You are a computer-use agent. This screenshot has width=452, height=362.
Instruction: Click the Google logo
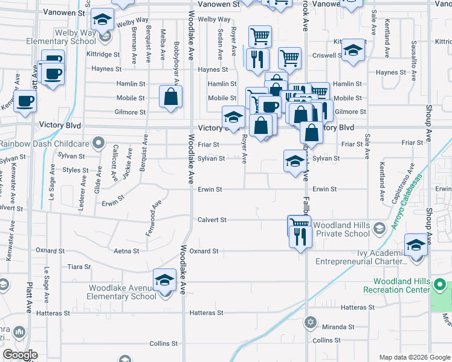point(20,355)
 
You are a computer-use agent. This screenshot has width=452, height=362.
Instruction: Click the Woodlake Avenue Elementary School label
point(122,292)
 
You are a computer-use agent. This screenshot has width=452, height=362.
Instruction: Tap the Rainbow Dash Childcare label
point(45,144)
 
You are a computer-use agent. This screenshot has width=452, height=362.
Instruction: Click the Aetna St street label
point(128,250)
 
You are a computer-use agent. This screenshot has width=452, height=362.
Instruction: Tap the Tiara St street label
point(79,266)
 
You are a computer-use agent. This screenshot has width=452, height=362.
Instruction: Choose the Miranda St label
point(337,327)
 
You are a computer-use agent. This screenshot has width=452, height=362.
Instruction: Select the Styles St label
point(76,170)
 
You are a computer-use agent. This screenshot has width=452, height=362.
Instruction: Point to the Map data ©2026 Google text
point(414,356)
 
